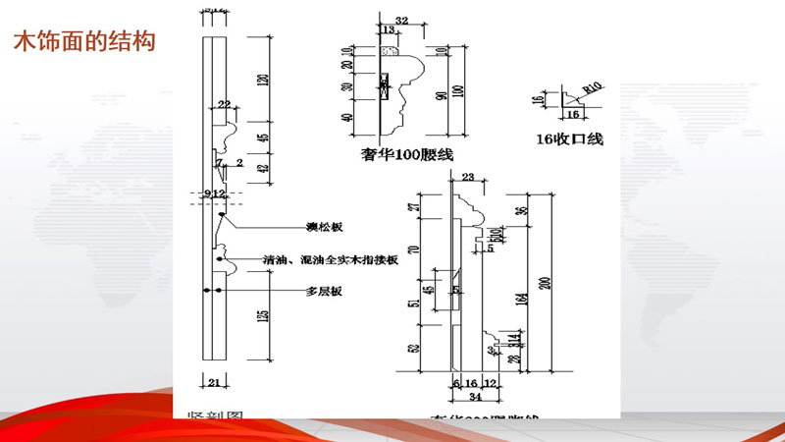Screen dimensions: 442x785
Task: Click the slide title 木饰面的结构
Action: click(x=84, y=43)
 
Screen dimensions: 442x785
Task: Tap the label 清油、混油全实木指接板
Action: click(x=331, y=260)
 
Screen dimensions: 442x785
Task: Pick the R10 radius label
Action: click(x=591, y=89)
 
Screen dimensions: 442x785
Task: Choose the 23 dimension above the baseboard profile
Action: click(x=468, y=177)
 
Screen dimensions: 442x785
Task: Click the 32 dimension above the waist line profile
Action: click(x=400, y=20)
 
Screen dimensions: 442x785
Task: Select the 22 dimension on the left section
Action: click(x=225, y=104)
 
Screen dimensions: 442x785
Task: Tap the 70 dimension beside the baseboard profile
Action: click(x=411, y=249)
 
